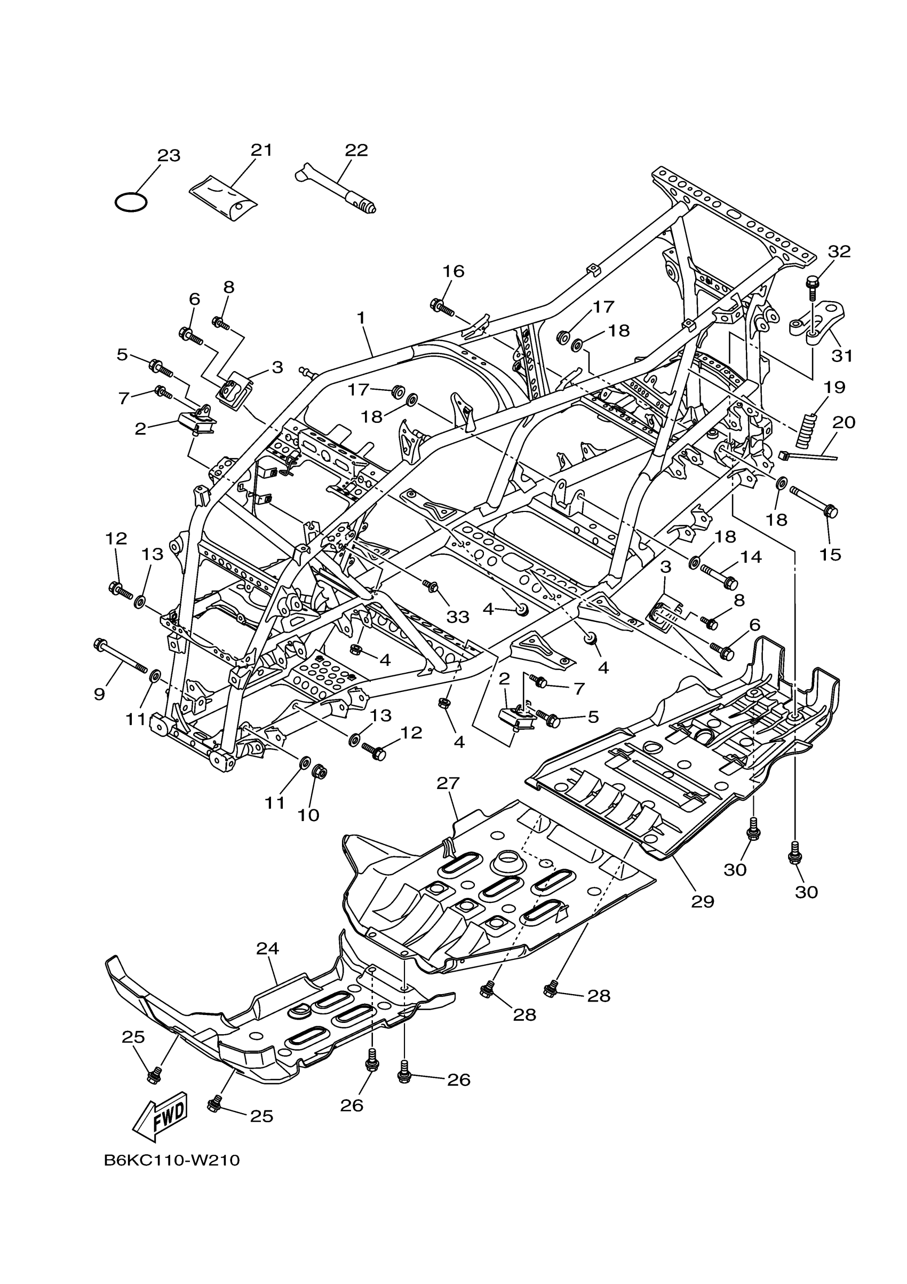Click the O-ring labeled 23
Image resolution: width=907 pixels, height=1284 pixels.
[131, 202]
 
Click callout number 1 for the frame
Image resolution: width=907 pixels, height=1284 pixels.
[361, 318]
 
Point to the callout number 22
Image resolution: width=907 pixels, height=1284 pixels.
[356, 151]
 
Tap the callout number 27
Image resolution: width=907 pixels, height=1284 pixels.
[448, 784]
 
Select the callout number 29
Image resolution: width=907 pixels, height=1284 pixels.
[703, 902]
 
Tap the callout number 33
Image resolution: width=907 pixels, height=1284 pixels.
[458, 617]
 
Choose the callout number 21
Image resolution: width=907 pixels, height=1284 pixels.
[261, 151]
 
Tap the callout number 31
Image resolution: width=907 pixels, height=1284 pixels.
[842, 355]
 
